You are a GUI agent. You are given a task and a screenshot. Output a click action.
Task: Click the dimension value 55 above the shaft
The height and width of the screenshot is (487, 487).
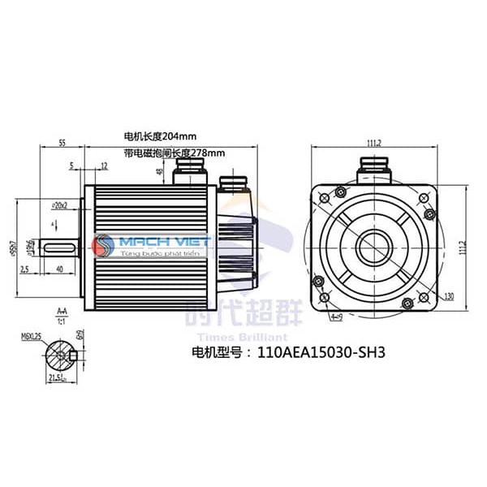(62, 143)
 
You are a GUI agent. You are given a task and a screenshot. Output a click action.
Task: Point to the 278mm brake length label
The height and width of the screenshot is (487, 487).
(174, 152)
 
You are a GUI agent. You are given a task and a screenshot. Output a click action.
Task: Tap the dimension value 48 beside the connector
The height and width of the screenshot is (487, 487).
(160, 171)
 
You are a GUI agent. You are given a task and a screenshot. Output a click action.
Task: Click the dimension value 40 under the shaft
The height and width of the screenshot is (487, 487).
(60, 268)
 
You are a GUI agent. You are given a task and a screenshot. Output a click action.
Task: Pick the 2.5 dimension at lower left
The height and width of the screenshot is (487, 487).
(26, 268)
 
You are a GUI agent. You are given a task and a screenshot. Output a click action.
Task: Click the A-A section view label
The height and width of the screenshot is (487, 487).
(62, 310)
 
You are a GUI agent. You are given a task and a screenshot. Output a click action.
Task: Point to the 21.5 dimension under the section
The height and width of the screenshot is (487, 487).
(58, 379)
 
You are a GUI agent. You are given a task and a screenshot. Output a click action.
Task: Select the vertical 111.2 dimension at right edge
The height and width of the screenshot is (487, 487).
(473, 243)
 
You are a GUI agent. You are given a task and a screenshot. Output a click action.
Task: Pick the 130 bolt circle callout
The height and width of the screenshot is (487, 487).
(448, 295)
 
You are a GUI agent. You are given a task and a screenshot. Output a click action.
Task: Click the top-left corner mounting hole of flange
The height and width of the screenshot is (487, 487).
(325, 196)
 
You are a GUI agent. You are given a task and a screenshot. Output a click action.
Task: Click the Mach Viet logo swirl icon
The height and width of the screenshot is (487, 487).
(104, 244)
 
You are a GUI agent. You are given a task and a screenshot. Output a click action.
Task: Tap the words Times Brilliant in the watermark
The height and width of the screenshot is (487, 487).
(243, 337)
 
